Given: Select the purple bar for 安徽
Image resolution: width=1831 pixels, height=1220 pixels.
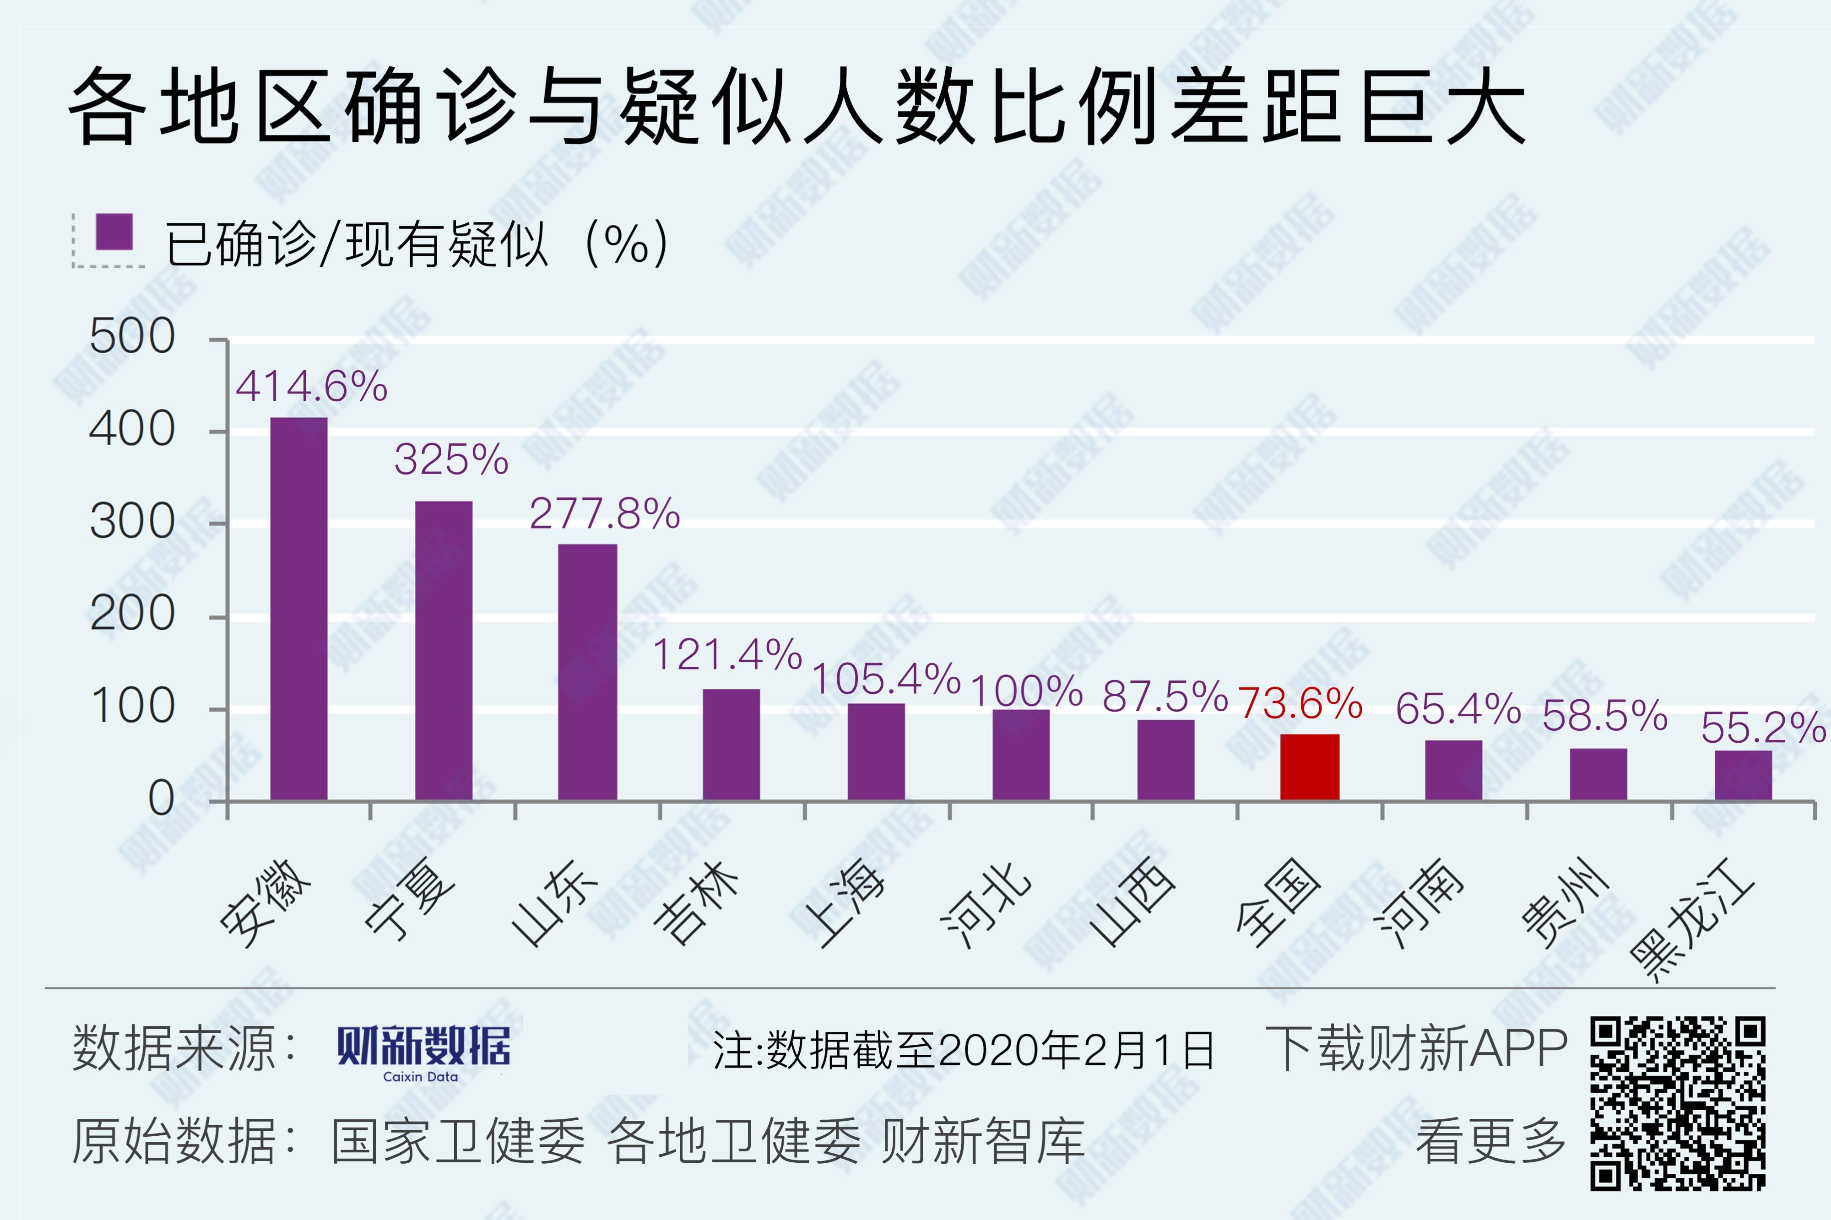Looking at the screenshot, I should pyautogui.click(x=299, y=609).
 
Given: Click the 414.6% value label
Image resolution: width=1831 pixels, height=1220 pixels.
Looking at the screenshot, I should pyautogui.click(x=311, y=387).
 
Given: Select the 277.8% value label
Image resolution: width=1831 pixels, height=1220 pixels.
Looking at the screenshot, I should pyautogui.click(x=605, y=513).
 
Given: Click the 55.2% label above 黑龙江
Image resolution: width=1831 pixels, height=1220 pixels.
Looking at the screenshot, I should pyautogui.click(x=1762, y=728).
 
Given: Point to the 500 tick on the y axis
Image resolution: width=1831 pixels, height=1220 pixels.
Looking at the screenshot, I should pyautogui.click(x=132, y=338).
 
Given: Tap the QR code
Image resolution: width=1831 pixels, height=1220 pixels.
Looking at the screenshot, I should pyautogui.click(x=1676, y=1103).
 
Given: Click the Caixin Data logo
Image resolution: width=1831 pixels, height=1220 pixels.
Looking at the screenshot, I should pyautogui.click(x=423, y=1052).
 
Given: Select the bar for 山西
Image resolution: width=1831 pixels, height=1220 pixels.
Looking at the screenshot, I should pyautogui.click(x=1166, y=759).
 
